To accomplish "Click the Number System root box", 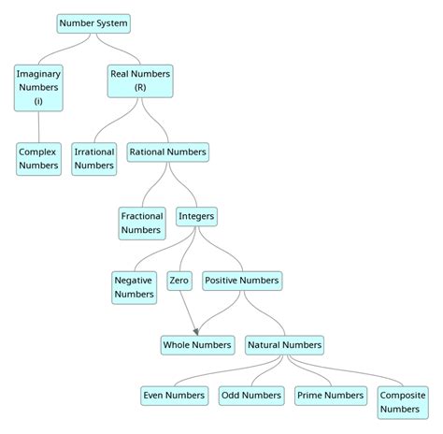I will (x=93, y=22).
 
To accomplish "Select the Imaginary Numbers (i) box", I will (x=38, y=87).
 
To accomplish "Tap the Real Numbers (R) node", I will (x=140, y=80).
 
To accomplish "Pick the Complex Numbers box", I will (x=38, y=158).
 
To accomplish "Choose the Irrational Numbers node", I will (x=94, y=158).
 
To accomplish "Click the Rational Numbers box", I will (x=168, y=151).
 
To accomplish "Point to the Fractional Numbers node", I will (x=142, y=223).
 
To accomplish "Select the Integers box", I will (x=196, y=216).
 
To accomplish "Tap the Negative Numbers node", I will (x=134, y=287).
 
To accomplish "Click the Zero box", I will (x=179, y=280).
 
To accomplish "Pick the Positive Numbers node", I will (x=241, y=280).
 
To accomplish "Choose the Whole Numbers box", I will (x=196, y=345).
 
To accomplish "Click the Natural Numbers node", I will (x=285, y=345).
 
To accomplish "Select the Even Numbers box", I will (x=174, y=396).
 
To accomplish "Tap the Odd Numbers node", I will (x=251, y=396).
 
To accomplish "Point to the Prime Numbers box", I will (x=330, y=396).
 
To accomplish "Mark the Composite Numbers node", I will (x=400, y=402).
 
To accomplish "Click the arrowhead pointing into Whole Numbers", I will (x=195, y=331).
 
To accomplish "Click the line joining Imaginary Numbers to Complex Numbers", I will (x=38, y=127).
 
